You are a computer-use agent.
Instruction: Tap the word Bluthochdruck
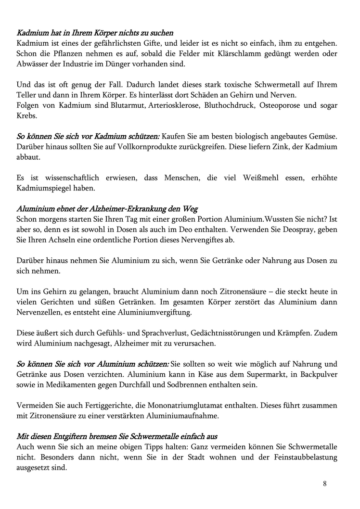click(228, 105)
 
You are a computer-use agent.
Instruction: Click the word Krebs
click(27, 116)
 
